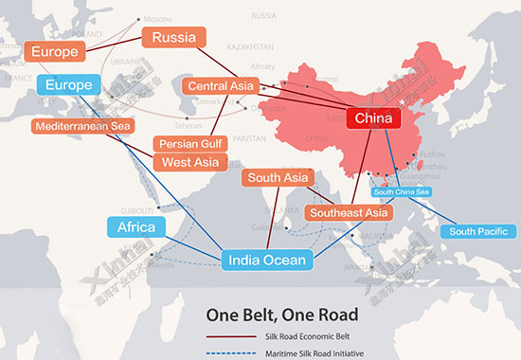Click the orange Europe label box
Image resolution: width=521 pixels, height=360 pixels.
tap(54, 51)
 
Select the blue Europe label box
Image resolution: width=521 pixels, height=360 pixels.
tap(68, 85)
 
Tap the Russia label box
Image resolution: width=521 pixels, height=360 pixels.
tap(173, 39)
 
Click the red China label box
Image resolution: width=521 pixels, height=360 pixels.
tap(373, 118)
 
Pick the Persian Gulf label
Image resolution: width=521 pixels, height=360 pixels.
tap(189, 144)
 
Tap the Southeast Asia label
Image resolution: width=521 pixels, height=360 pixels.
tap(349, 213)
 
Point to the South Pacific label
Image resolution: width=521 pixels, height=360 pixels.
tap(479, 231)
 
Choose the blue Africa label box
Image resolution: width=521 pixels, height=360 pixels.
tap(135, 227)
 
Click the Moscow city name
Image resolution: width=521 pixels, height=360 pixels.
tap(156, 20)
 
